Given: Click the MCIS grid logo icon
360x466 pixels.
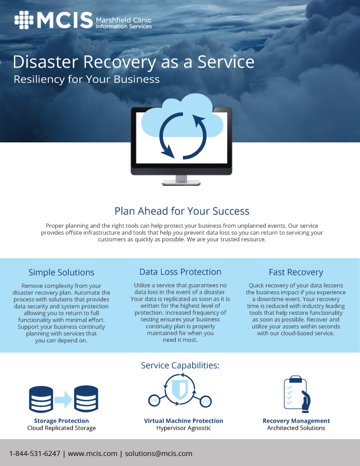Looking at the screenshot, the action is (24, 20).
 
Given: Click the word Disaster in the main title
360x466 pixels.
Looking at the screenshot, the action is (45, 62).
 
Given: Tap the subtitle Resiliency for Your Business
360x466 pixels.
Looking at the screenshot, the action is (86, 79).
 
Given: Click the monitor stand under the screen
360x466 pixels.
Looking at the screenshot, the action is (181, 180).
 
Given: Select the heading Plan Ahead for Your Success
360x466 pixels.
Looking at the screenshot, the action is (182, 211).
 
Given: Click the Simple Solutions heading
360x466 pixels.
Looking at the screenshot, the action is (61, 272).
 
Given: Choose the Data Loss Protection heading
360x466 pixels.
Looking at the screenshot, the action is (181, 272).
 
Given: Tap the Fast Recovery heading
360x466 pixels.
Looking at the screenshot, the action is (296, 272).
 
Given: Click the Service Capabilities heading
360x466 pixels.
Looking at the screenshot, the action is (180, 365).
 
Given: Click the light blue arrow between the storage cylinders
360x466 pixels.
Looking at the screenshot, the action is (64, 400).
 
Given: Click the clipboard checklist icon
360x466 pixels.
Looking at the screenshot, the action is (296, 394).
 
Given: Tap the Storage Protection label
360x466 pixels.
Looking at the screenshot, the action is (61, 421).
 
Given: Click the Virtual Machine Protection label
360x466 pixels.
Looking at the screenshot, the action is (184, 421).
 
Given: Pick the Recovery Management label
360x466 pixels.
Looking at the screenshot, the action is (296, 421).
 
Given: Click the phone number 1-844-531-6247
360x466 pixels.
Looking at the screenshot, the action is (35, 454).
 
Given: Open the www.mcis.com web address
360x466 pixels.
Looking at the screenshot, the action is (93, 454).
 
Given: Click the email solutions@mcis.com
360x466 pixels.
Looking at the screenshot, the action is (159, 454).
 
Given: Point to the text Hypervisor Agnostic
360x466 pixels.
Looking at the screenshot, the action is (184, 428).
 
